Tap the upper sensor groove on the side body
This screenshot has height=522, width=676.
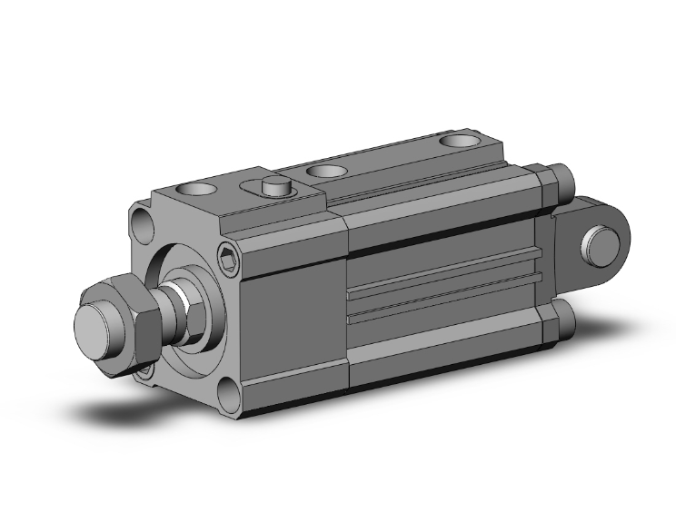[x=445, y=276]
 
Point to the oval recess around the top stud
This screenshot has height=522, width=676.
[x=282, y=192]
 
